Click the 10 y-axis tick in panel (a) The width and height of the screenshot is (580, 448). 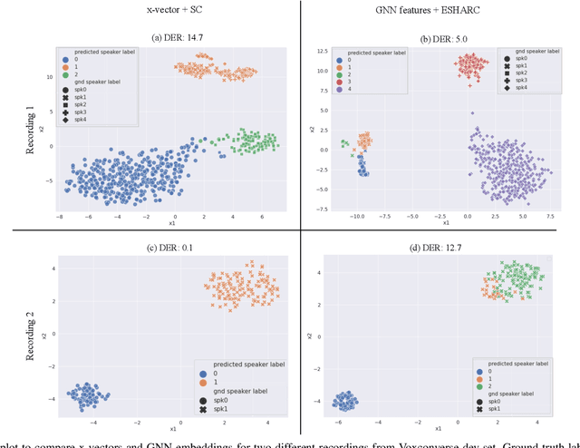point(53,77)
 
